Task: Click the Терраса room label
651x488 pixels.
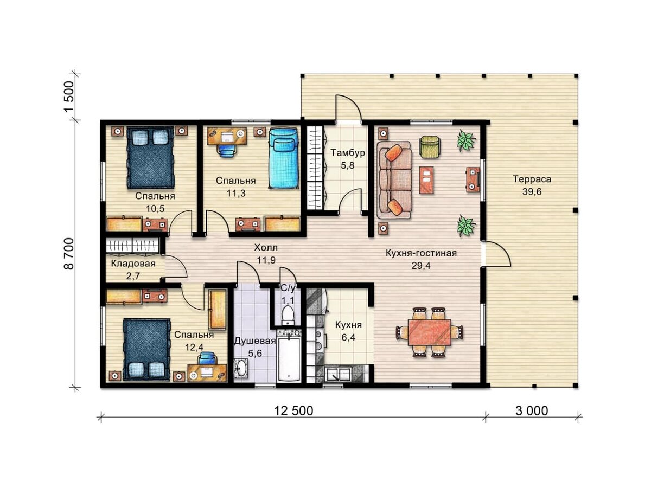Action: pos(532,179)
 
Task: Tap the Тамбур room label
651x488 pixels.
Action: pos(348,153)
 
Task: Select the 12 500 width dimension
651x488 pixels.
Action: pos(293,411)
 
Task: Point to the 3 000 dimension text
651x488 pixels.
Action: pos(532,411)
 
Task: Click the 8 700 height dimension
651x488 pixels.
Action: pos(68,253)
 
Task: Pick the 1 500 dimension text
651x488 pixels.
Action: pos(68,97)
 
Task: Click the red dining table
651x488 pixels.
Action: pos(430,332)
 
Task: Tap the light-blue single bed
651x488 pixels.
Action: pos(283,158)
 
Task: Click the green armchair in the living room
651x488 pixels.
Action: pos(430,145)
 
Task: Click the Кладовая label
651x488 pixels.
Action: pos(133,264)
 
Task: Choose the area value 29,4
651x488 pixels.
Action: pos(421,266)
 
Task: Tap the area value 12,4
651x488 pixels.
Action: pos(194,347)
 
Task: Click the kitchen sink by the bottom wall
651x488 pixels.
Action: pos(338,374)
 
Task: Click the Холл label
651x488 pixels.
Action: pos(266,247)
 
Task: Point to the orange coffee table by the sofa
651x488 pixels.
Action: pos(426,180)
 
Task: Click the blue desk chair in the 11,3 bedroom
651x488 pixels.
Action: pos(226,150)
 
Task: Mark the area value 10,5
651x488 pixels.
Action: pos(155,209)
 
